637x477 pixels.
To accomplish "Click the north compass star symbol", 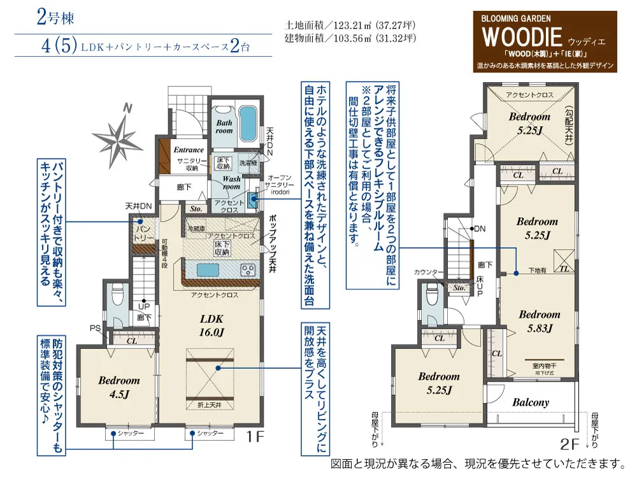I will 118,135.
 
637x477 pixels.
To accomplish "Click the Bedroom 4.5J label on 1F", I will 118,387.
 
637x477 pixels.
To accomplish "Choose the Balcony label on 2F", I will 531,402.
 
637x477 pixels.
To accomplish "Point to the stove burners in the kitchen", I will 248,271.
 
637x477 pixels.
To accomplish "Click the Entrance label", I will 189,150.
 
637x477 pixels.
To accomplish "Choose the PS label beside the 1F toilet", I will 96,329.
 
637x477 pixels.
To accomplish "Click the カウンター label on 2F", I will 427,272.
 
